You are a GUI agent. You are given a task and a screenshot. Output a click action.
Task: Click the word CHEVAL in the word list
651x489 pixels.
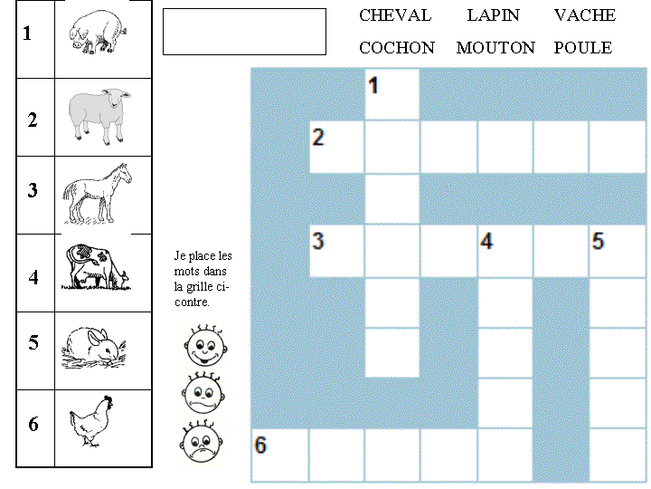(395, 15)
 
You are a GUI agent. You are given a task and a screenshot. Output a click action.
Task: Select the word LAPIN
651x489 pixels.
(493, 15)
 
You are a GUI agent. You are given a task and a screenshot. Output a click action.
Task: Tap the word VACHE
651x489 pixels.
(584, 15)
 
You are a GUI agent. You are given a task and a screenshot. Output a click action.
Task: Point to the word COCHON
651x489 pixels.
(397, 48)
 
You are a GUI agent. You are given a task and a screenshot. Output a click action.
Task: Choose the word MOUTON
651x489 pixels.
(495, 48)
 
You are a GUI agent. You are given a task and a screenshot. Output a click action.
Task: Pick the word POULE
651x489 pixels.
(582, 48)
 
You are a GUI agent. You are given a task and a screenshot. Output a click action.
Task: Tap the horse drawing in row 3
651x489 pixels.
(97, 192)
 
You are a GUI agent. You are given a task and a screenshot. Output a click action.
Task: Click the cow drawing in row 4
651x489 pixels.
(96, 269)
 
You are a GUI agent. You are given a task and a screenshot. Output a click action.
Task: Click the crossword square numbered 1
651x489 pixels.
(392, 94)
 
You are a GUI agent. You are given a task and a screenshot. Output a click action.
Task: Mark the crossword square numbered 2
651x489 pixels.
(336, 147)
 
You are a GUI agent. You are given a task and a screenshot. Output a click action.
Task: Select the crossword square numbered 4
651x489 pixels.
(505, 251)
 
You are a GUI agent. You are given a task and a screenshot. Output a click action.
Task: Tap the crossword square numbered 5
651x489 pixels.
(618, 251)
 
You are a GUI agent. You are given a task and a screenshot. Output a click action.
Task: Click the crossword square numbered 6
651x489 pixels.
(279, 455)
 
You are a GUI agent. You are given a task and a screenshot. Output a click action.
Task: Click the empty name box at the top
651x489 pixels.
(244, 32)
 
